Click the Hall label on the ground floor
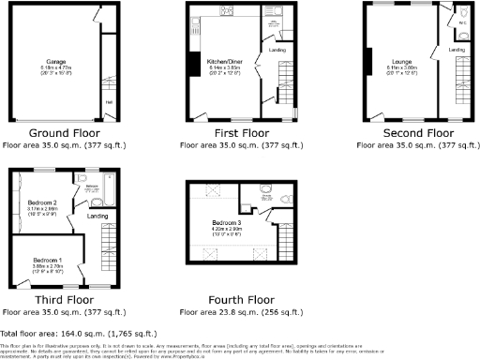109,103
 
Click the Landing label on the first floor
277,49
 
